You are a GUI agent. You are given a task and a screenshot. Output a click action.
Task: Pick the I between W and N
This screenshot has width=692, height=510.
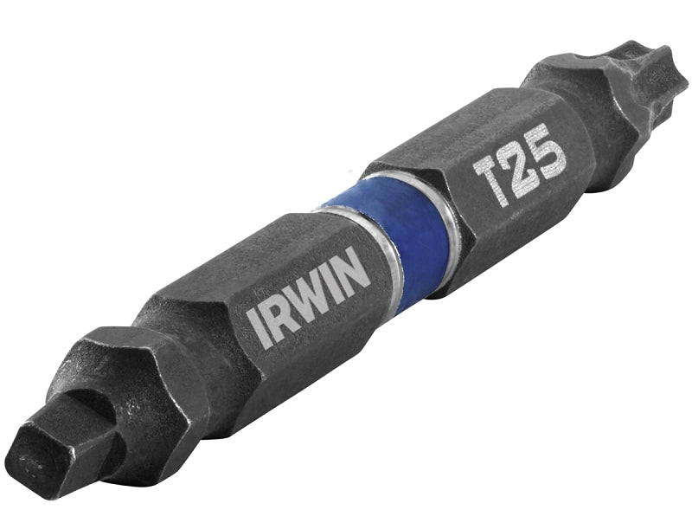coord(336,279)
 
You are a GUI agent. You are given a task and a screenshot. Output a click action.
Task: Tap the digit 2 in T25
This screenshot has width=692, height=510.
coord(519,165)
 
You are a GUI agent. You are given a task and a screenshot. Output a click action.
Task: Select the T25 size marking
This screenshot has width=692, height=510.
coord(519,165)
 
